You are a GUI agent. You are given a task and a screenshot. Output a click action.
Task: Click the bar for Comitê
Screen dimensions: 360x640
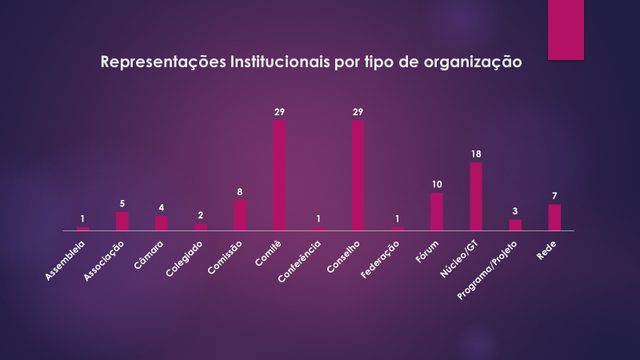280,175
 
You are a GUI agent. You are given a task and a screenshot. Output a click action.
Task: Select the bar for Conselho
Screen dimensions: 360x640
358,175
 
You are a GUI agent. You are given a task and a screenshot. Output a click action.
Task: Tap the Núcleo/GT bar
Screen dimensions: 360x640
476,196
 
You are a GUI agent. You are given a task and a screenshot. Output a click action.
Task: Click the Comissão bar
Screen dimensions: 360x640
240,215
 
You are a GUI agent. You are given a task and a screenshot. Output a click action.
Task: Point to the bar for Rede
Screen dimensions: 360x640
554,217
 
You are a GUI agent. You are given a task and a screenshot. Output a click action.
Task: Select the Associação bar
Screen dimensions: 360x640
122,221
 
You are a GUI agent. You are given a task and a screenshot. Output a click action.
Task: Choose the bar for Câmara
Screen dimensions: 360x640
162,222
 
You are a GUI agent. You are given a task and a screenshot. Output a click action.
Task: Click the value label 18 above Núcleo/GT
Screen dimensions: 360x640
476,154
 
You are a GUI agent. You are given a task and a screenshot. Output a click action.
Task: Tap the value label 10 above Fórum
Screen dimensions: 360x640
437,184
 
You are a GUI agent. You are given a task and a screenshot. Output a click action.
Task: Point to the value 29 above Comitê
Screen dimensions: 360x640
280,112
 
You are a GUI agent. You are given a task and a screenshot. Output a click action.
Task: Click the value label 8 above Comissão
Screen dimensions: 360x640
240,192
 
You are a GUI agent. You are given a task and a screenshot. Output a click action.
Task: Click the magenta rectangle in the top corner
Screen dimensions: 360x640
566,30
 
